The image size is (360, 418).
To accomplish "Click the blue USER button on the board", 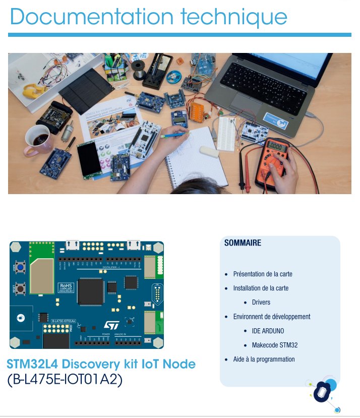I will tap(21, 266).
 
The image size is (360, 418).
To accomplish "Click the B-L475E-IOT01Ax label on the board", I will tap(63, 321).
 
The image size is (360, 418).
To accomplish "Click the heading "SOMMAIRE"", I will tap(243, 243).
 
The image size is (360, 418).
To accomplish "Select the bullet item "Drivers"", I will tap(261, 303).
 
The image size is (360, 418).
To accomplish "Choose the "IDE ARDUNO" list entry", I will tap(268, 331).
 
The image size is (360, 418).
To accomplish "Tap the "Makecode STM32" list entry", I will tap(274, 345).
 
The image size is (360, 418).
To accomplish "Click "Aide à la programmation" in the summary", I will tap(264, 360).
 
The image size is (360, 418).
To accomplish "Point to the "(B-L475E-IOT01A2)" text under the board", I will tap(65, 380).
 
